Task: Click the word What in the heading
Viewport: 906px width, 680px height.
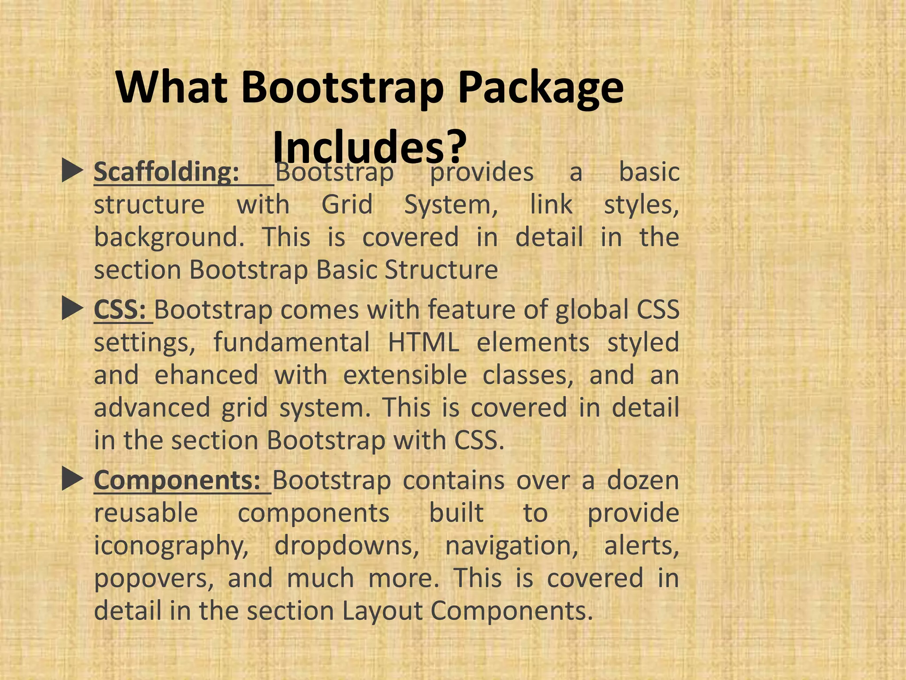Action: click(173, 88)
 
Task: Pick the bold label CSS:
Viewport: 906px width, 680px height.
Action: click(120, 309)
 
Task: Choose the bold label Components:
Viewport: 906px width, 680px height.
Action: click(177, 480)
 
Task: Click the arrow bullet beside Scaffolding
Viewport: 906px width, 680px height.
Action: click(73, 171)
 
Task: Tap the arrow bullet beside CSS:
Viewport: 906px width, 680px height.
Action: click(73, 309)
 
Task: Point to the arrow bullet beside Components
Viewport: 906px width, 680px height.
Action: click(73, 479)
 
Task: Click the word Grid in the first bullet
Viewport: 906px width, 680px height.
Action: click(347, 205)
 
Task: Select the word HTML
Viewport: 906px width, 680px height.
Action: click(423, 342)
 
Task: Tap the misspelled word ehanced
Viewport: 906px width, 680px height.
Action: click(206, 375)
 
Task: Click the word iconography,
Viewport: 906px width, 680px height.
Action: click(172, 546)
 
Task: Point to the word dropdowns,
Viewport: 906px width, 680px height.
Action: click(347, 545)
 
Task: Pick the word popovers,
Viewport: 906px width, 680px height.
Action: click(154, 579)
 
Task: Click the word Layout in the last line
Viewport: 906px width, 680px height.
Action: click(382, 611)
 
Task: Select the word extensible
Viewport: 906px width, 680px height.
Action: click(405, 375)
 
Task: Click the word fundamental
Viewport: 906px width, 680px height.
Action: click(292, 342)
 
